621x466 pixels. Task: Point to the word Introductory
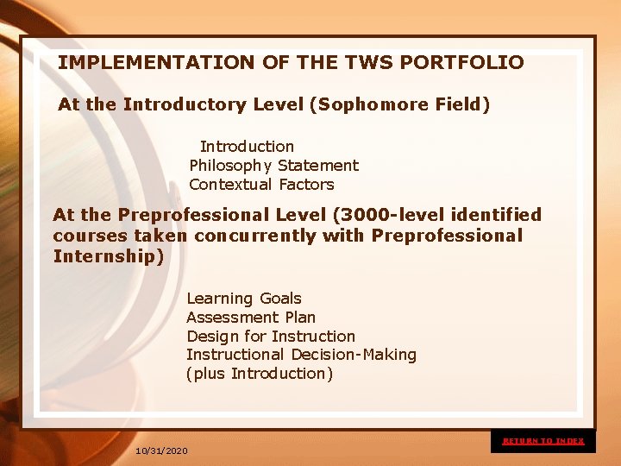185,104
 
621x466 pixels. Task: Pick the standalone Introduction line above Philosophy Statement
247,147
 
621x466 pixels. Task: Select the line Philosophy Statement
273,166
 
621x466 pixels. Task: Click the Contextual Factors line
261,185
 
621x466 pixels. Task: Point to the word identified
489,215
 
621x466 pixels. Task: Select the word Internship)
108,256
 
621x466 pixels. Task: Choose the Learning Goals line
244,299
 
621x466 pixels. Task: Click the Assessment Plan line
251,318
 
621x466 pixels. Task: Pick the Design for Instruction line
271,337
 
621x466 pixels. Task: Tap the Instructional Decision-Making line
301,355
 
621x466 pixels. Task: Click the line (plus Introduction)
260,374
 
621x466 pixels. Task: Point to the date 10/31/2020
161,450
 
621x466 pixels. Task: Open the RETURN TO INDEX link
543,441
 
